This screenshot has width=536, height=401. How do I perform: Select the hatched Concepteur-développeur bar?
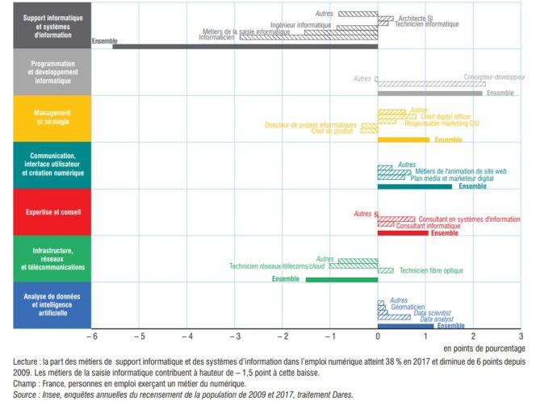431,83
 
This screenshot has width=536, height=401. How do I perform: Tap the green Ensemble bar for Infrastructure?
341,280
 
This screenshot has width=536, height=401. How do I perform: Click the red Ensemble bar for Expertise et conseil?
403,232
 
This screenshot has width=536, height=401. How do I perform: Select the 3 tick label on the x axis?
521,336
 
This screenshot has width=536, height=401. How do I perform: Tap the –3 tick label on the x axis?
234,336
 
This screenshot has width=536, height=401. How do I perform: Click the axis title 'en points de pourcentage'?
485,347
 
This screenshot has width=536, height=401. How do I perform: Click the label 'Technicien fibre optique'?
430,270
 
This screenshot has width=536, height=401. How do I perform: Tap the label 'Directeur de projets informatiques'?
311,124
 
